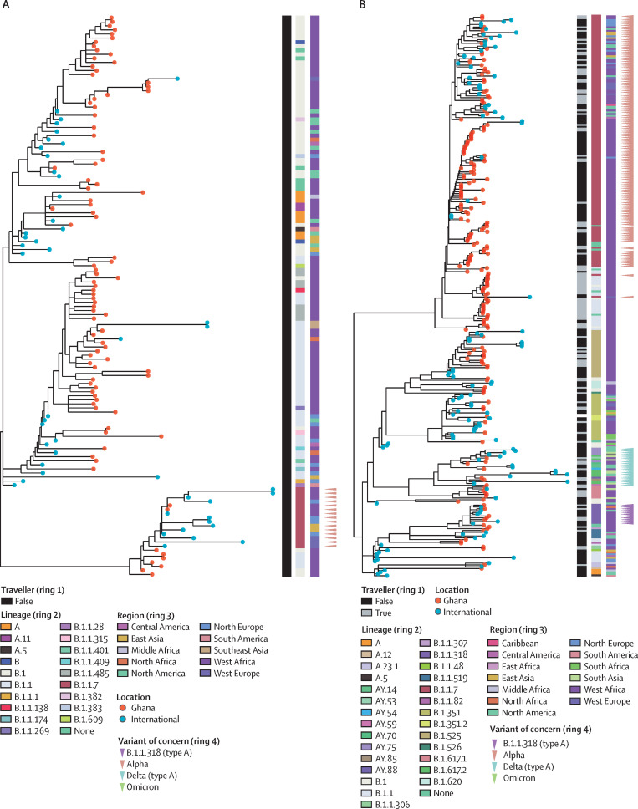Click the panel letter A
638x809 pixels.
[x=5, y=6]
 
